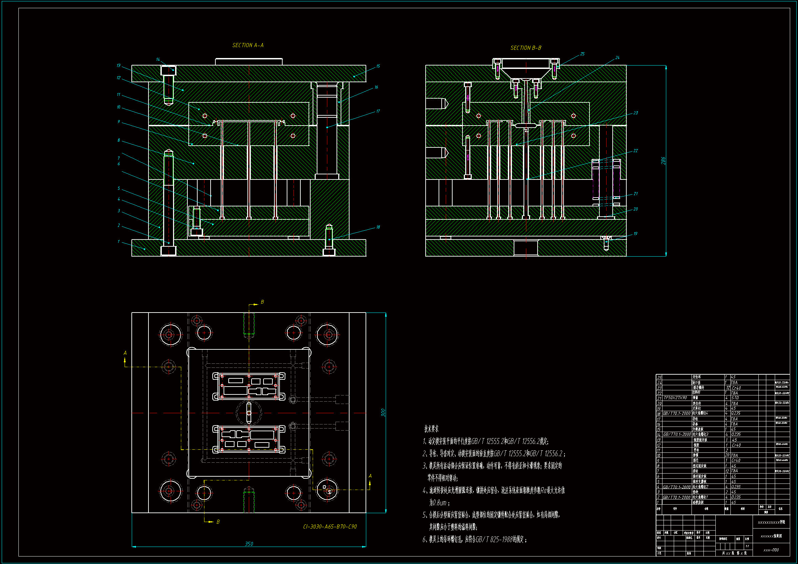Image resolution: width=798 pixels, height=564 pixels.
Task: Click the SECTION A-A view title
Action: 248,45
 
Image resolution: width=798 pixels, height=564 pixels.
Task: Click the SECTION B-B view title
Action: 526,48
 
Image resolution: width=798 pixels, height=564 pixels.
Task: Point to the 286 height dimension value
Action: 663,161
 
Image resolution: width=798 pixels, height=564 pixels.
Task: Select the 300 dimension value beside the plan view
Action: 383,413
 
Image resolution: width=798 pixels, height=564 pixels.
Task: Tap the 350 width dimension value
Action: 249,544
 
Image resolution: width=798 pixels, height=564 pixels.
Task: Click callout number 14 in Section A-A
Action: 158,59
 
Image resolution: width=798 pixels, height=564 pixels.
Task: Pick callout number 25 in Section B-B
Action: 582,54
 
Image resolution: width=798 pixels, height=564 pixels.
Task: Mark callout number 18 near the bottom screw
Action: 378,227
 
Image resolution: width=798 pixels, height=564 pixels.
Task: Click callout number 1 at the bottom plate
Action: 118,242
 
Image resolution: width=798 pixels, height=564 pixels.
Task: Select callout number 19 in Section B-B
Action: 635,233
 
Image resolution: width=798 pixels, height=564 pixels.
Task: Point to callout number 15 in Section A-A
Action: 378,66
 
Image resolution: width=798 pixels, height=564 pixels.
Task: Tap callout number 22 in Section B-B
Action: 635,151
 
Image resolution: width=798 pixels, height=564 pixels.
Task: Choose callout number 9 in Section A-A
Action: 118,121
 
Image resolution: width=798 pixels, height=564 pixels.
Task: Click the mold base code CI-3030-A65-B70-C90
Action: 330,526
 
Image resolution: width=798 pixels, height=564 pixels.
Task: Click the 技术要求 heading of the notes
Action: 431,429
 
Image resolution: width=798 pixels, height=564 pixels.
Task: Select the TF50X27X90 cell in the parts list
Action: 675,398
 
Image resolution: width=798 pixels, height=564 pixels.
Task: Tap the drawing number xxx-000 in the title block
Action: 771,550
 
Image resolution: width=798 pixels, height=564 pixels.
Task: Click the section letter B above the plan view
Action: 262,302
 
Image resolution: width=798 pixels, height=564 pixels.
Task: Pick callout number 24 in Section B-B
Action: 617,58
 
